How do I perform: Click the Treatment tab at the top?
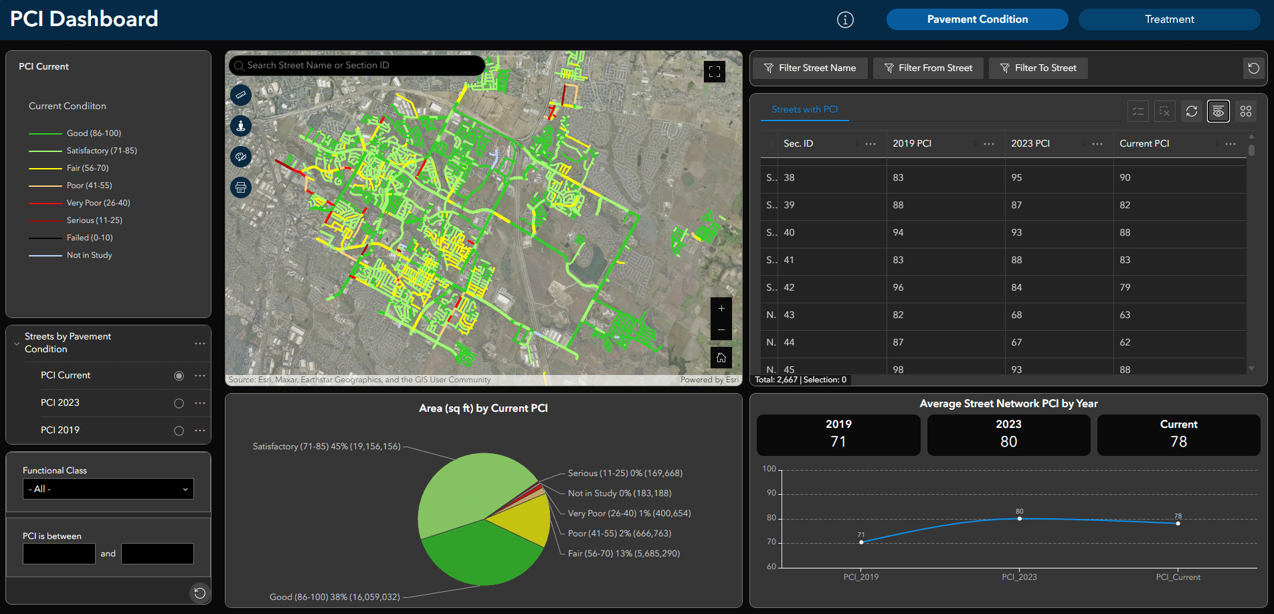[x=1169, y=19]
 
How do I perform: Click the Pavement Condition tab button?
[x=977, y=19]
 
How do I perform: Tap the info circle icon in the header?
[x=845, y=20]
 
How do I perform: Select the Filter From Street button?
[x=928, y=68]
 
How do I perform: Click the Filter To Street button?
[x=1038, y=68]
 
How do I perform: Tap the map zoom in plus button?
[x=721, y=309]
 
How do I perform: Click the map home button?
[x=721, y=358]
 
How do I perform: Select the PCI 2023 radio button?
[x=179, y=403]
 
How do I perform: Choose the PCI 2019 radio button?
[x=179, y=431]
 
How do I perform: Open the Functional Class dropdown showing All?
[x=108, y=489]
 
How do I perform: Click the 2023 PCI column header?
[x=1030, y=144]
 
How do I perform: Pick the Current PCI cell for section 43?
[x=1125, y=315]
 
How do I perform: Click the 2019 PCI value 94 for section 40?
[x=898, y=232]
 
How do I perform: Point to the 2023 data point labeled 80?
[x=1019, y=519]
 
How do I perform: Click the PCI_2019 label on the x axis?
[x=860, y=577]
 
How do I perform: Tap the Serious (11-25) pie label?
[x=624, y=473]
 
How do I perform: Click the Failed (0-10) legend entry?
[x=90, y=238]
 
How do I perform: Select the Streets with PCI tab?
[x=804, y=110]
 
